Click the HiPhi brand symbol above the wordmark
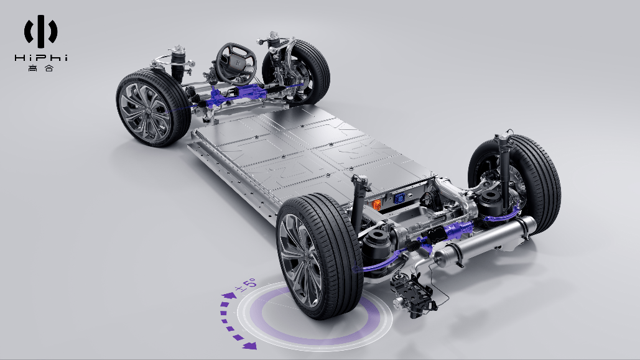41,31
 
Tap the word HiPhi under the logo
41,58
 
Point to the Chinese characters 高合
41,68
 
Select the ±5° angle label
245,284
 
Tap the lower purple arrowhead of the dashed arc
249,346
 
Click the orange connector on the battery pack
377,205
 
